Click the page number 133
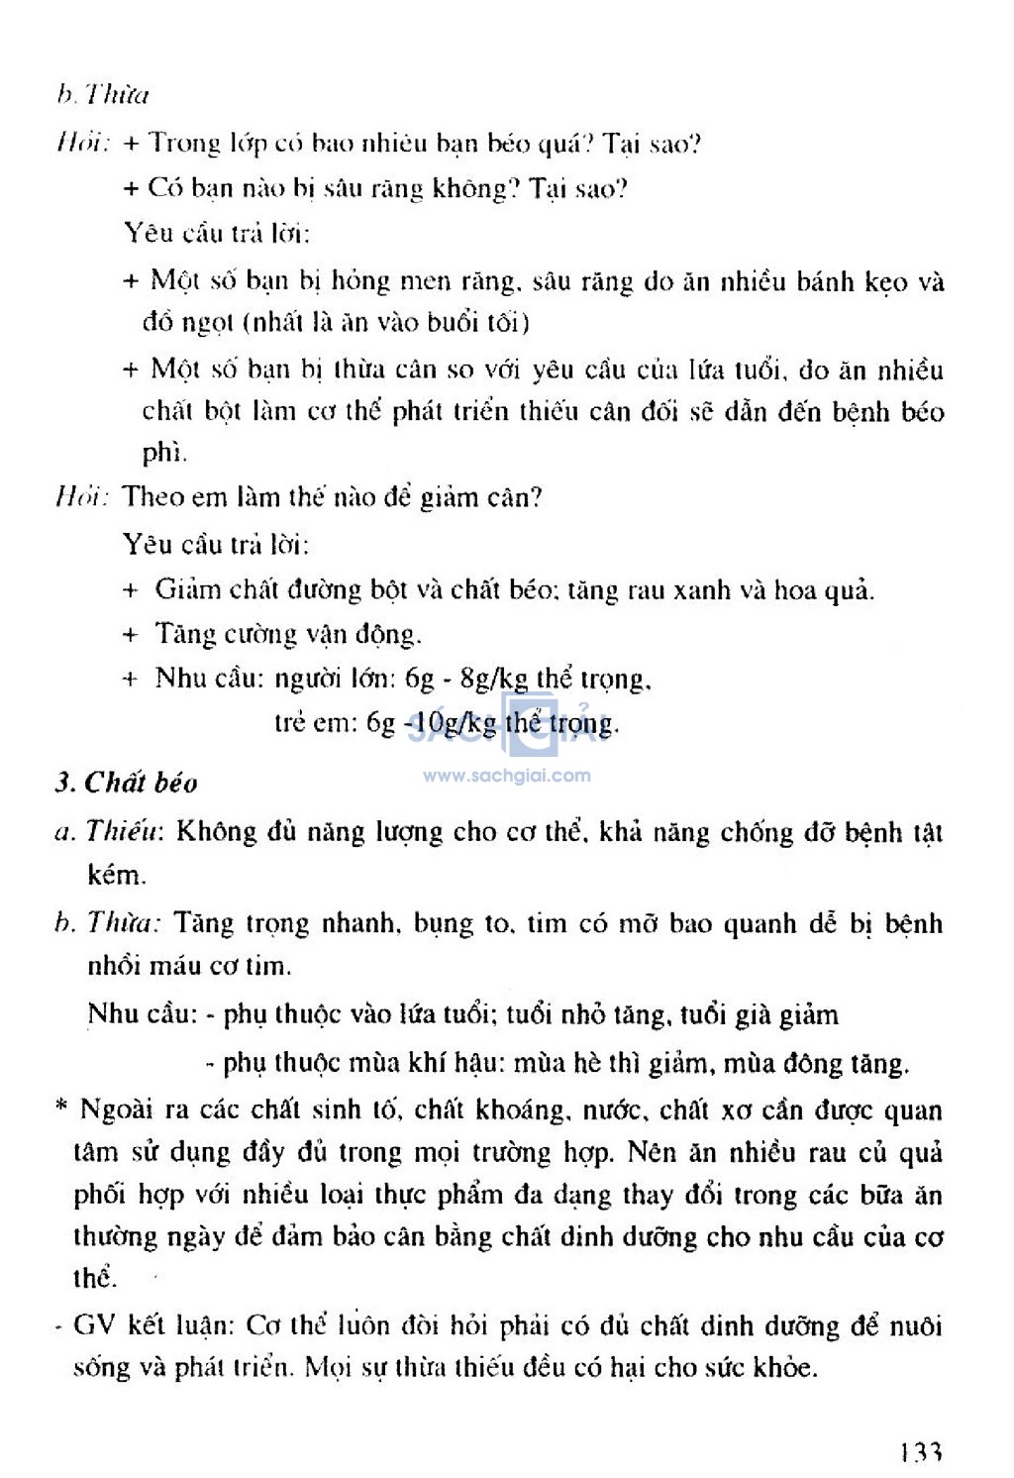click(x=920, y=1453)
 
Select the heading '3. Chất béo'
click(x=126, y=783)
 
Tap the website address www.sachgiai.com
click(x=506, y=776)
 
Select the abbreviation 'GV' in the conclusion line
click(x=94, y=1325)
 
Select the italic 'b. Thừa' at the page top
click(x=102, y=95)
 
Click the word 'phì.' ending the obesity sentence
click(x=163, y=455)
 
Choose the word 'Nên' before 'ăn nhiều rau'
click(x=651, y=1153)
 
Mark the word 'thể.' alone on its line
click(x=95, y=1278)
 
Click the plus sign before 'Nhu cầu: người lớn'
click(x=130, y=680)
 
